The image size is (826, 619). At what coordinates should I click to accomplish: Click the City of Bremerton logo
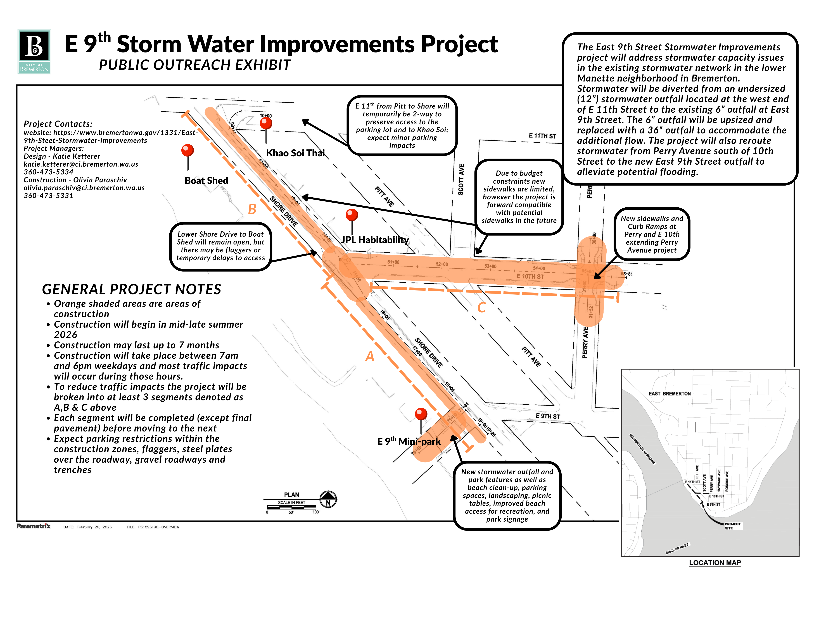(x=34, y=51)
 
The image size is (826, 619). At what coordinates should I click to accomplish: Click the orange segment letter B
(x=252, y=209)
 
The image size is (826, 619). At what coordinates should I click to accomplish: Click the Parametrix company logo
(x=34, y=526)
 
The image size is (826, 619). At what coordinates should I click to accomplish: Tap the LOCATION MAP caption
(x=715, y=563)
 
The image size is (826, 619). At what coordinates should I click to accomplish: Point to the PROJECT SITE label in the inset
(x=732, y=526)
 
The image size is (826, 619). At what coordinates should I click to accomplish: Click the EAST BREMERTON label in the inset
(x=670, y=394)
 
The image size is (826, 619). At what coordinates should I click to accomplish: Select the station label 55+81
(x=627, y=274)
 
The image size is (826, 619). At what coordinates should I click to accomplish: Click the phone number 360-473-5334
(x=49, y=172)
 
